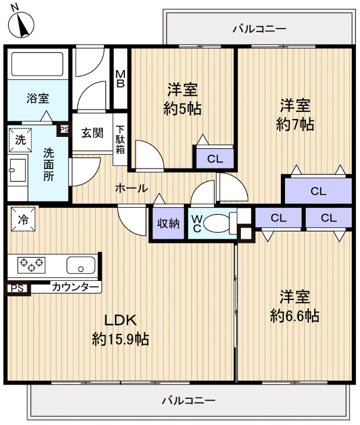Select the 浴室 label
[37, 99]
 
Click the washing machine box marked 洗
[21, 140]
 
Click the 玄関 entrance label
[92, 133]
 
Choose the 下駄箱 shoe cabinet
[120, 139]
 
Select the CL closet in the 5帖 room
[214, 159]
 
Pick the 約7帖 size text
[295, 125]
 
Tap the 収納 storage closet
[168, 223]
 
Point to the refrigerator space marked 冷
[23, 218]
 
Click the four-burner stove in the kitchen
[32, 264]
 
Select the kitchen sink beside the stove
[80, 264]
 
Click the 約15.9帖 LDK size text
[120, 339]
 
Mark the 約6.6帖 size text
[295, 315]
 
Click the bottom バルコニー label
[188, 401]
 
